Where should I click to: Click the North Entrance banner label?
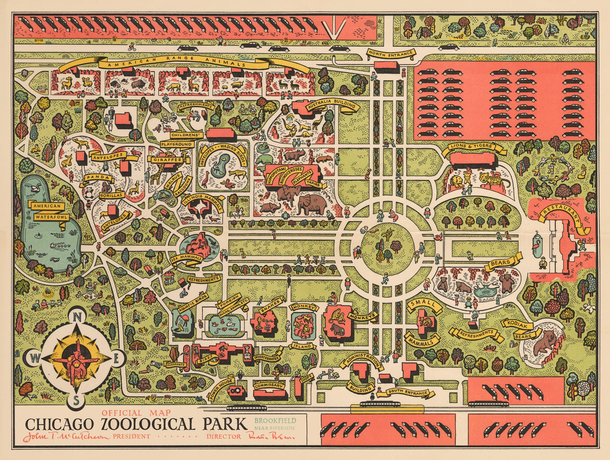(390, 53)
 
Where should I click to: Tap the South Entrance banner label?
(410, 392)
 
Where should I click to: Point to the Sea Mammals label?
(187, 258)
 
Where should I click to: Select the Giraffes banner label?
(166, 159)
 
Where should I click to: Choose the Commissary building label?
(269, 385)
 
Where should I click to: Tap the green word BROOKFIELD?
(274, 420)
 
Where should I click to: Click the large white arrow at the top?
(333, 28)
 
